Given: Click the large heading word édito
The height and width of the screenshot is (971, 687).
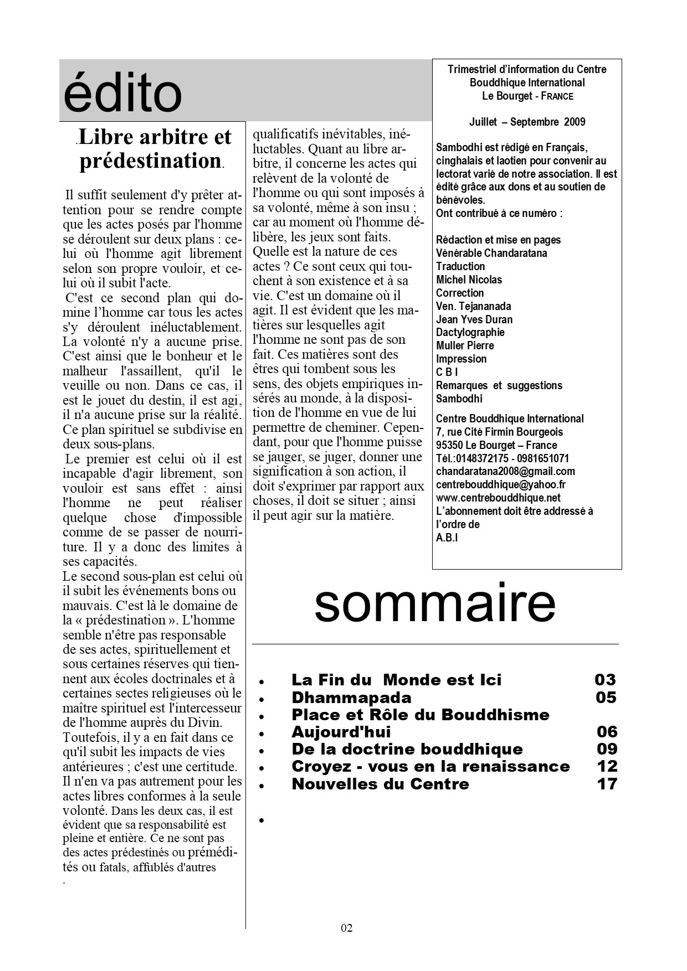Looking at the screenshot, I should point(122,93).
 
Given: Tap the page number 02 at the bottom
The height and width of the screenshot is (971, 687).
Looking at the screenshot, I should point(347,928).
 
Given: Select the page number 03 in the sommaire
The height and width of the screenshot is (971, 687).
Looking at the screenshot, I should point(605,680).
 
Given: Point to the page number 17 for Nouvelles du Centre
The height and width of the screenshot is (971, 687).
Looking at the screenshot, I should point(607,784).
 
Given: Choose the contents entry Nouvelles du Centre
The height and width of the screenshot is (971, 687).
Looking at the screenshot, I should point(381,784).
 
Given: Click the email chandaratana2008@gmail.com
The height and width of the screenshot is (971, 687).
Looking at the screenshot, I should point(505,472).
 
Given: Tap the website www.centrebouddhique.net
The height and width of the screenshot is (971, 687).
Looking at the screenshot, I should point(498,498).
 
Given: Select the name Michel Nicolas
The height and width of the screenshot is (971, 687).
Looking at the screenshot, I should point(469,280).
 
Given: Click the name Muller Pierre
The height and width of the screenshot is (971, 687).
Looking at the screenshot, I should point(464,345).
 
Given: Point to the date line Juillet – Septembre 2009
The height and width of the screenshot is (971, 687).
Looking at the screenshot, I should point(527,122).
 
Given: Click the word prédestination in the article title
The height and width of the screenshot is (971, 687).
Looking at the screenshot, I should point(151,161).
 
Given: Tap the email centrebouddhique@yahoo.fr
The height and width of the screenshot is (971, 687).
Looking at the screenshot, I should point(500,485).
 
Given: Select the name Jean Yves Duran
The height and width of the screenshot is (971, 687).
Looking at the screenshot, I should point(474,319).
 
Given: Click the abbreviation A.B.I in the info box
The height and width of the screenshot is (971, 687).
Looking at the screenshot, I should point(447,538).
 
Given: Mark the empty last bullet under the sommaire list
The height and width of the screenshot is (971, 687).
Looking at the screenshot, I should point(262,820).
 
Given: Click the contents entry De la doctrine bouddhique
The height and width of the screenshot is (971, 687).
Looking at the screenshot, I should point(407,749).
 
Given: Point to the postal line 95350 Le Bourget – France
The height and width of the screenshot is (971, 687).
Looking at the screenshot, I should point(496,445).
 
